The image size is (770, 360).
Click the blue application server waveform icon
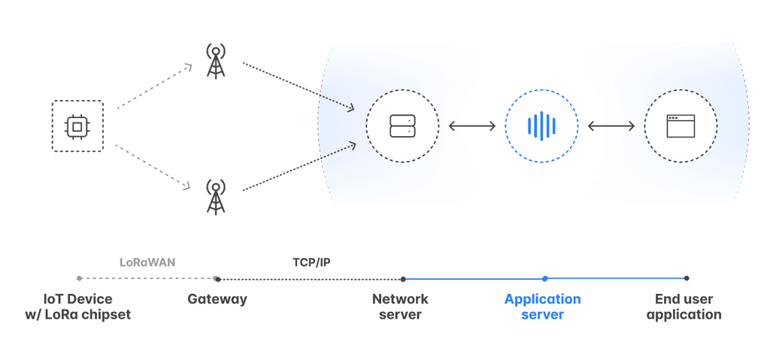coord(541,126)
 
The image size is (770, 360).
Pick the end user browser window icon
coord(681,126)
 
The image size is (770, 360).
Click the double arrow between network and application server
coord(472,126)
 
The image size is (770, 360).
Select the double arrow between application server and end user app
coord(611,126)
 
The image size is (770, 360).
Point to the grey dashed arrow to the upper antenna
coord(154,86)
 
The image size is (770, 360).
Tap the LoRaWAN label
coord(147,263)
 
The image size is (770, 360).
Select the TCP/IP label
coord(311,263)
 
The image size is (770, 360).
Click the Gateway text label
coord(217,299)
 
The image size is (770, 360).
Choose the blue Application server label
coord(542,307)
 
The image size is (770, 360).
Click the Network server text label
coord(402,307)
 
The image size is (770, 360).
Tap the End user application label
coord(684,307)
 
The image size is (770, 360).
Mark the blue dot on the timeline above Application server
coord(545,278)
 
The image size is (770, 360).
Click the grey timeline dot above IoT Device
coord(78,278)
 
